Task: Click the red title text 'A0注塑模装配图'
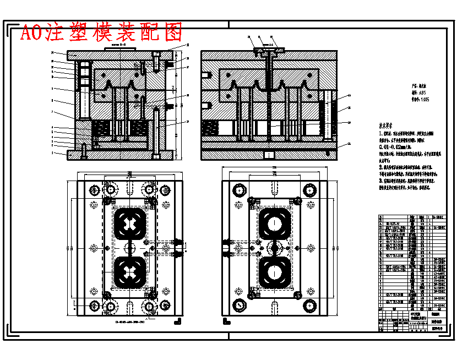tap(101, 33)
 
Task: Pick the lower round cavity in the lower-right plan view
tap(274, 271)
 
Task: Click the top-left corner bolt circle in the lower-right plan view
tap(239, 190)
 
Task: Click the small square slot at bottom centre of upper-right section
tap(269, 155)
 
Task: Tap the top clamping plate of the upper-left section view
tap(118, 56)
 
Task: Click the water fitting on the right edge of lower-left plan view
tap(177, 248)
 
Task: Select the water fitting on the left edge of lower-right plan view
tap(226, 248)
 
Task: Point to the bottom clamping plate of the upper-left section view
tap(118, 155)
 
